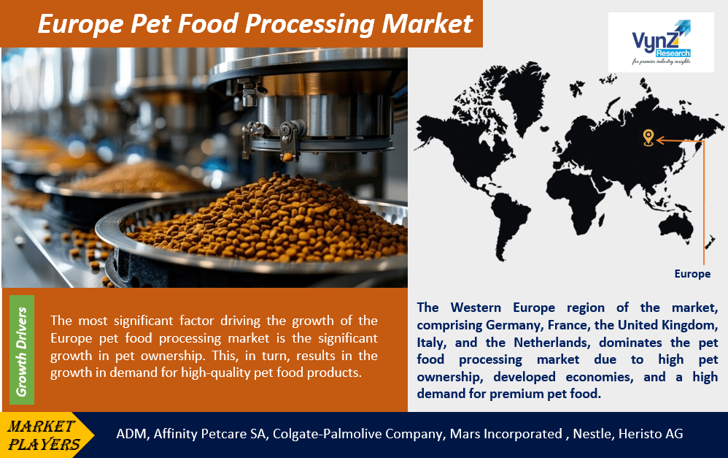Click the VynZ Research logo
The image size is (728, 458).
pyautogui.click(x=661, y=41)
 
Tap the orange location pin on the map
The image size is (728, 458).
pyautogui.click(x=647, y=137)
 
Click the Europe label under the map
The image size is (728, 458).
pyautogui.click(x=692, y=274)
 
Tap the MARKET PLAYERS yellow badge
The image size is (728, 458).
pyautogui.click(x=45, y=434)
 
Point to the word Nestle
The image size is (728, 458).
pyautogui.click(x=592, y=434)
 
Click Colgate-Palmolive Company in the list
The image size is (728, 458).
pyautogui.click(x=357, y=434)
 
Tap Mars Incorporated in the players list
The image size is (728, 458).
pyautogui.click(x=506, y=434)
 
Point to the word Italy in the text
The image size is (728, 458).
pyautogui.click(x=430, y=341)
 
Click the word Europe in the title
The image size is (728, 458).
pyautogui.click(x=78, y=23)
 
